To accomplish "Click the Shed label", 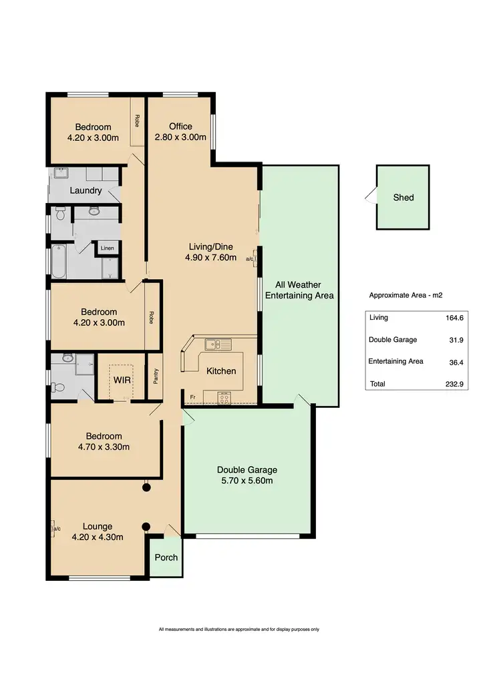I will click(403, 198).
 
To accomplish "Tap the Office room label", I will click(180, 126).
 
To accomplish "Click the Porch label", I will click(166, 557).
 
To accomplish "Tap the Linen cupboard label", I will click(107, 248).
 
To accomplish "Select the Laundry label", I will click(86, 190).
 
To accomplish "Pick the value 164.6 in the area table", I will click(454, 318).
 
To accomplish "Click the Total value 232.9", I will click(454, 385).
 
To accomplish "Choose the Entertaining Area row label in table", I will click(396, 362).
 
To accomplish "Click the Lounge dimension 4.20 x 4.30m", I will click(98, 536).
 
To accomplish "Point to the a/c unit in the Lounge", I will click(54, 528).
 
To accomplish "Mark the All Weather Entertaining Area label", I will click(299, 290).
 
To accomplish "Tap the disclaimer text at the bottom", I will click(238, 629).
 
